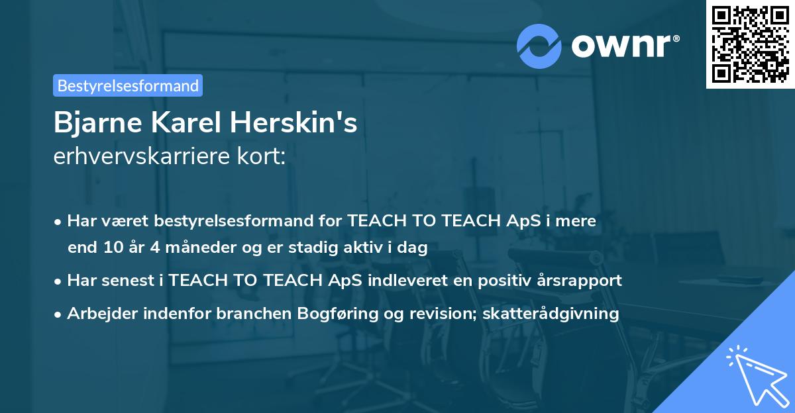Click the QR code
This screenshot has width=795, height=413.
point(750,44)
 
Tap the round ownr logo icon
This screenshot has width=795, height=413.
point(539,46)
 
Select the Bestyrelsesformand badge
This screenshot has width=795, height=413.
point(128,85)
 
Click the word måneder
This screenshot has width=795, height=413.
point(201,248)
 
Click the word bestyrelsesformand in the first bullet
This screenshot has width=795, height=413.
point(231,221)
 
